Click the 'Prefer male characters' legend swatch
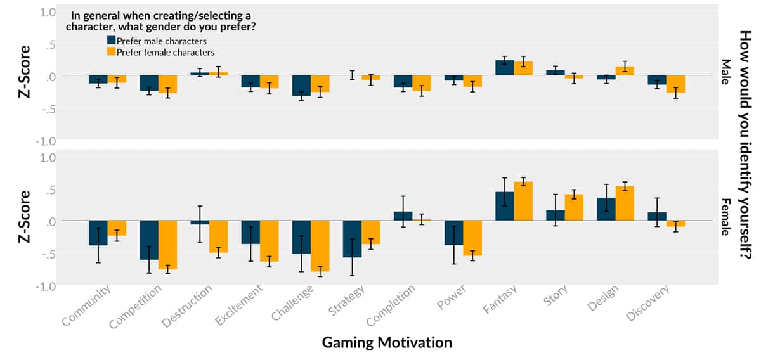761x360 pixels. point(110,41)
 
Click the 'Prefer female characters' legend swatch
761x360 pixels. point(110,52)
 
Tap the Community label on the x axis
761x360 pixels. point(88,305)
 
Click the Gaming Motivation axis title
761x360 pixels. point(387,343)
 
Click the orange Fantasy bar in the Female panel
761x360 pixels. point(523,201)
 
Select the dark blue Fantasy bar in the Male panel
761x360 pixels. point(505,68)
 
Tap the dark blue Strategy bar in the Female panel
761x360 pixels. point(352,239)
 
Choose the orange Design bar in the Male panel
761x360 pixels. point(625,71)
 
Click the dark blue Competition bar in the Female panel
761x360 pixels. point(149,240)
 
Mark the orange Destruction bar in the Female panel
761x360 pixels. point(219,236)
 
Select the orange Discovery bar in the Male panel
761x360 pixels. point(675,84)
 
